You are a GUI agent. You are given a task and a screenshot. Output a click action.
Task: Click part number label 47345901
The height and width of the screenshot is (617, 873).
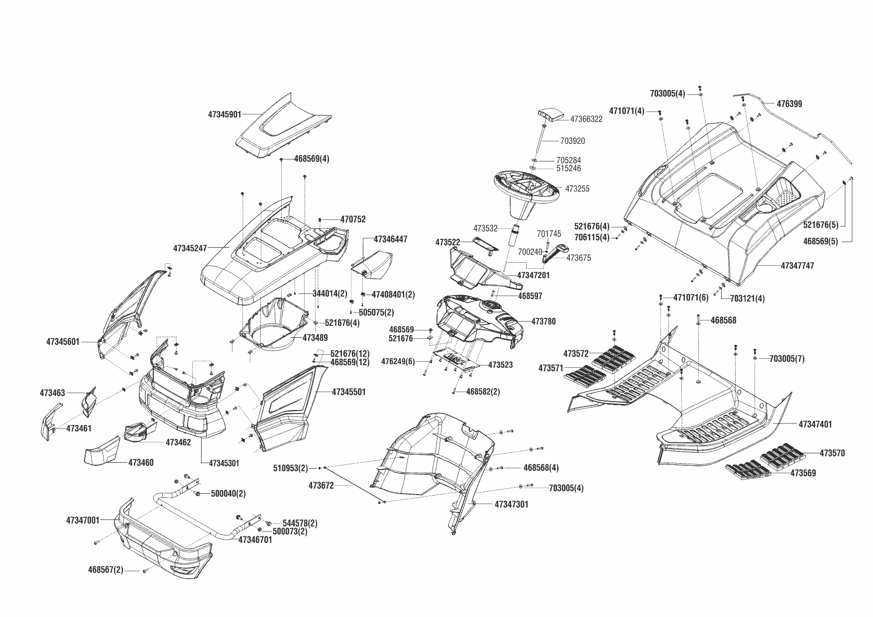point(224,114)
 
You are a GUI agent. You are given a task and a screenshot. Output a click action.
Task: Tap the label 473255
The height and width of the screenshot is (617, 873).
point(577,189)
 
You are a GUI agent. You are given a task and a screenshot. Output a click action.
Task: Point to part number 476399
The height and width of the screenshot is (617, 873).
point(789,104)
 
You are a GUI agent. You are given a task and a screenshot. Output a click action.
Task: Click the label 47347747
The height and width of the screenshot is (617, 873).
point(797,266)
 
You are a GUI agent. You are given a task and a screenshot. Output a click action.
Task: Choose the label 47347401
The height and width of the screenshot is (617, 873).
point(815,424)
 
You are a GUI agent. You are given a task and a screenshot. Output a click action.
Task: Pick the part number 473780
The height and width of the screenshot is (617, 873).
point(544,321)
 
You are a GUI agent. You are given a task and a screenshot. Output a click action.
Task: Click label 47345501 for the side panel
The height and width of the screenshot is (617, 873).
point(348,392)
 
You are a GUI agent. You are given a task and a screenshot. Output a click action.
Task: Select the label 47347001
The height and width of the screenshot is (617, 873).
point(83,520)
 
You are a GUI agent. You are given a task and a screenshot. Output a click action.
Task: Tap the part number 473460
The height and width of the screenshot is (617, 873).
point(141,463)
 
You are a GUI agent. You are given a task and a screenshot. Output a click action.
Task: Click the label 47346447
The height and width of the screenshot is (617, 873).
point(390,239)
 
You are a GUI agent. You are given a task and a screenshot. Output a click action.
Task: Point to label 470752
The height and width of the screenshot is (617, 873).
point(353,219)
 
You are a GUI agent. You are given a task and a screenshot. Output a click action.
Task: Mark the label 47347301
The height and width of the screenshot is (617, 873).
point(512,505)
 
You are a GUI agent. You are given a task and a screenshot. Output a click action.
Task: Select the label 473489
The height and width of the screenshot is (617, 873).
point(315,338)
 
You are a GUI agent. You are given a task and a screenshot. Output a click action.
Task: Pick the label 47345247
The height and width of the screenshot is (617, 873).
point(190,248)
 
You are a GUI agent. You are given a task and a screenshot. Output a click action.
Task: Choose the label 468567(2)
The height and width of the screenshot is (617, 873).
point(106,570)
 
